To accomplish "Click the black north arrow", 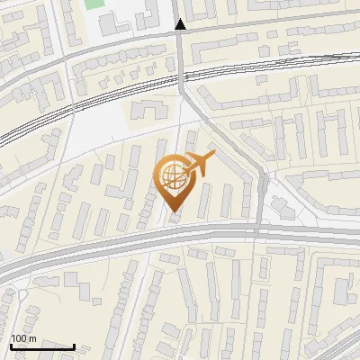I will [181, 25].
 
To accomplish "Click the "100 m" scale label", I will [22, 338].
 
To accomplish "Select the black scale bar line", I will [42, 346].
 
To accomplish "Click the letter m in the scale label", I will [31, 338].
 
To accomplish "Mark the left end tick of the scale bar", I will [11, 345].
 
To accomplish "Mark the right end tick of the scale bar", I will [74, 345].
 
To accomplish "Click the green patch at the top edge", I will [93, 4].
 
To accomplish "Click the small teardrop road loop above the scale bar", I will [20, 293].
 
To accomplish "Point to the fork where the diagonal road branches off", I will [184, 91].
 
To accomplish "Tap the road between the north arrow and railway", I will [181, 54].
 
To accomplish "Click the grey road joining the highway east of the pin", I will [260, 202].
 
